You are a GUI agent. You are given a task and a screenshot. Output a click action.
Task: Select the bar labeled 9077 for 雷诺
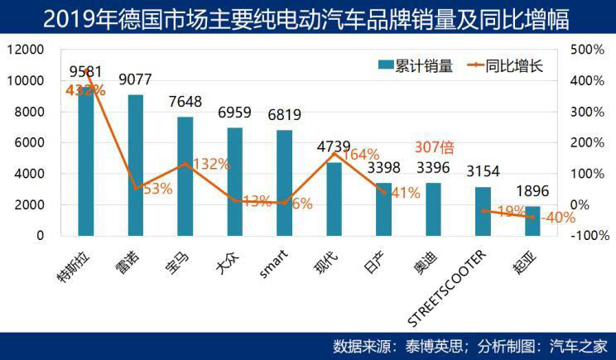pyautogui.click(x=136, y=166)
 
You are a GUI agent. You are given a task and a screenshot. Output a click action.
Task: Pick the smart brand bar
pyautogui.click(x=284, y=182)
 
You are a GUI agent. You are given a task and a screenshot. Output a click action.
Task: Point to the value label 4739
pyautogui.click(x=334, y=147)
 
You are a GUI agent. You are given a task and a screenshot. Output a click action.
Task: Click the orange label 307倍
pyautogui.click(x=434, y=148)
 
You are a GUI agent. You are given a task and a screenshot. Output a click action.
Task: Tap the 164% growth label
pyautogui.click(x=361, y=155)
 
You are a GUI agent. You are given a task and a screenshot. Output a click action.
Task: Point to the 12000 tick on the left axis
pyautogui.click(x=24, y=50)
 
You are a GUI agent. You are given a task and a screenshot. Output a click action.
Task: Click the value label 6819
pyautogui.click(x=284, y=115)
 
